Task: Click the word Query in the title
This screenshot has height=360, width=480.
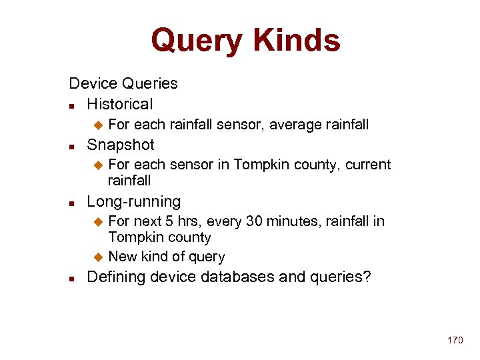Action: tap(196, 40)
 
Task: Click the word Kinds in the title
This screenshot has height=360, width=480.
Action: tap(294, 40)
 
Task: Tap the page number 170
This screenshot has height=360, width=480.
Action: tap(455, 340)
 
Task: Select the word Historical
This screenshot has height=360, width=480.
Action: tap(120, 104)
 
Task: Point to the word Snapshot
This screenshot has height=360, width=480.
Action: tap(121, 145)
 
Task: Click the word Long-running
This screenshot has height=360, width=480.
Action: tap(134, 201)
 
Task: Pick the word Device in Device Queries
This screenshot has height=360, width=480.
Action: tap(93, 83)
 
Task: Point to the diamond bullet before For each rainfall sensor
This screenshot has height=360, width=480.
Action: tap(98, 125)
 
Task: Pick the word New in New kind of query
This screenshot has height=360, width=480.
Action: tap(123, 257)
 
